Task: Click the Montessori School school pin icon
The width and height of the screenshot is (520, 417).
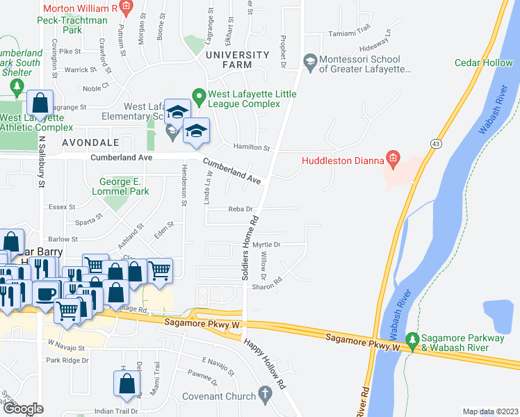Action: [310, 62]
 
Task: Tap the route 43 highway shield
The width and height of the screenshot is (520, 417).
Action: [435, 143]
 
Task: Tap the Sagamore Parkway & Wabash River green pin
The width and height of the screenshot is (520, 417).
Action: [412, 341]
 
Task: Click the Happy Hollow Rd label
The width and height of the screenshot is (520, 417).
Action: [264, 363]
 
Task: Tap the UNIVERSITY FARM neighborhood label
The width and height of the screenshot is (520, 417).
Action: [237, 60]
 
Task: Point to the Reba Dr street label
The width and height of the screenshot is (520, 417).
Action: [239, 209]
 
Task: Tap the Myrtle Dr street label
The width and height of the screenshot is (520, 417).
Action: [266, 245]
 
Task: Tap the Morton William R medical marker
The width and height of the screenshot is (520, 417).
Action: [126, 8]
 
